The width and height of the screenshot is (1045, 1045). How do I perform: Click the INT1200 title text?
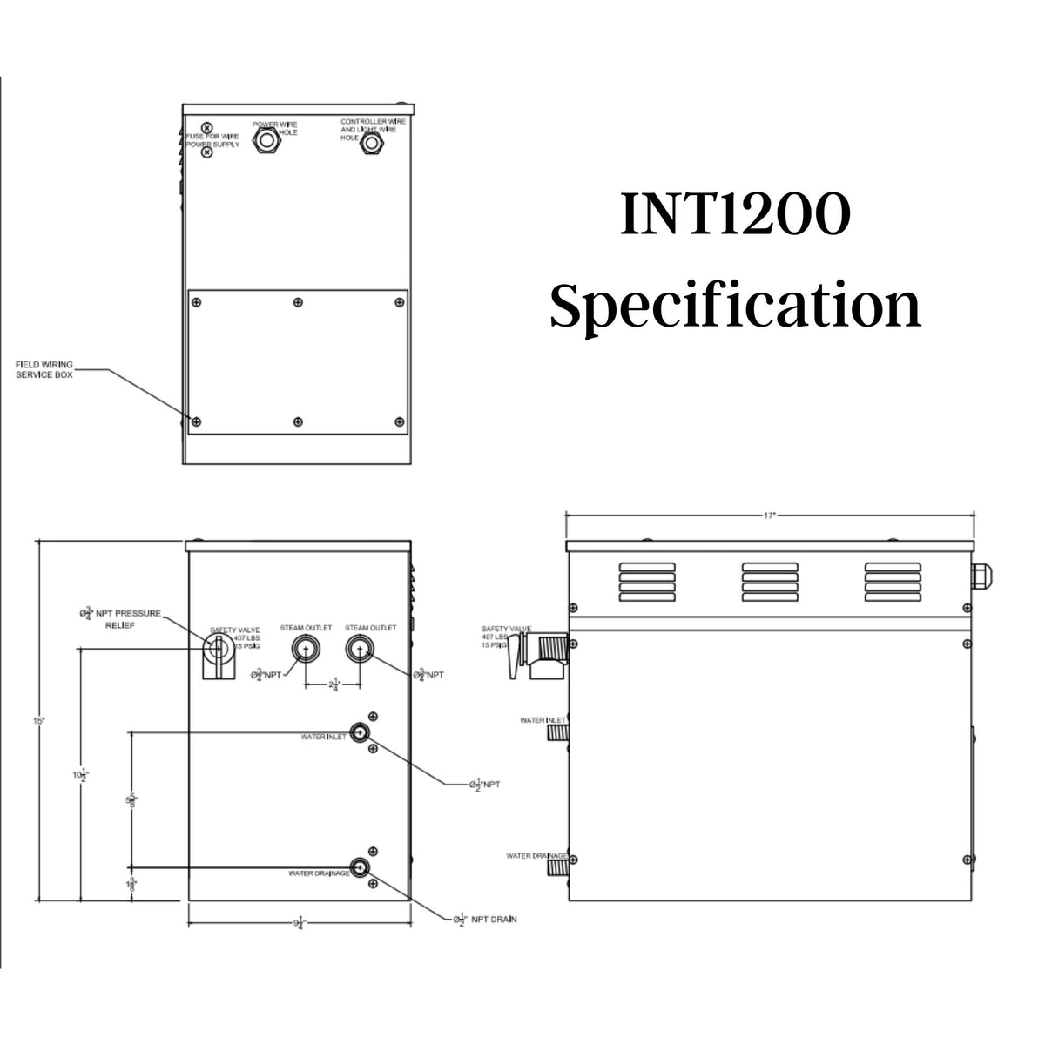pos(733,217)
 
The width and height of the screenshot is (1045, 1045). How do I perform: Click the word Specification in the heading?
pos(735,307)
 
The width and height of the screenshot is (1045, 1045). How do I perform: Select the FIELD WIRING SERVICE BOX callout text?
pos(44,369)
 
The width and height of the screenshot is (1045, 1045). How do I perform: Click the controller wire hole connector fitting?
pos(373,141)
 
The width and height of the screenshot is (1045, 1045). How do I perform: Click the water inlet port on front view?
pos(359,731)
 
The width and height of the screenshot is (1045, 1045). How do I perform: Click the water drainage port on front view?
pos(359,867)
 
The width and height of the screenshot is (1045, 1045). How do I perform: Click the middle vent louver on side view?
pos(768,582)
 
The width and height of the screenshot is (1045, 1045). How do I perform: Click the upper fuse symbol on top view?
pos(207,128)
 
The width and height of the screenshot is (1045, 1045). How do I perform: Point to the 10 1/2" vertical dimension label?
pos(81,774)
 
